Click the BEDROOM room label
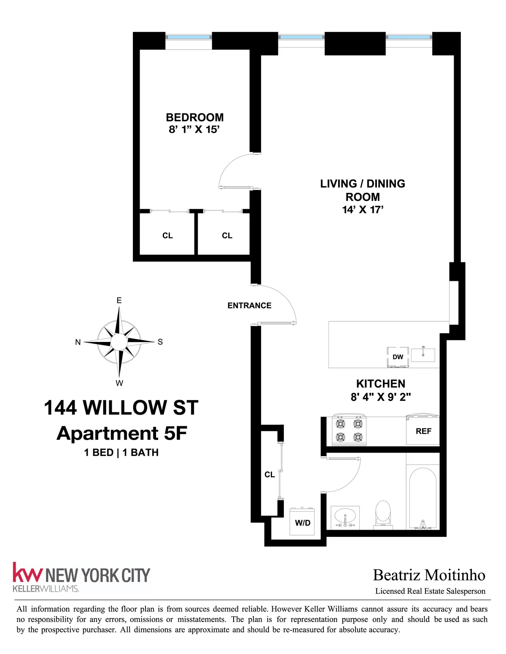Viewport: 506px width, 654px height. pos(194,117)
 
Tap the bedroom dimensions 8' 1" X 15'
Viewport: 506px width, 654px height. pos(194,130)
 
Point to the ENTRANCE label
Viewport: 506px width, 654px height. pos(249,306)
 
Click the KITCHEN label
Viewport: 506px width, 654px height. pos(380,384)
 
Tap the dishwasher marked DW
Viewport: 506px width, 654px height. pos(398,357)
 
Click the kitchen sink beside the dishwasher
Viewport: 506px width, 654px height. pos(423,355)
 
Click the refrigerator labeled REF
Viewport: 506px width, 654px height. pos(423,431)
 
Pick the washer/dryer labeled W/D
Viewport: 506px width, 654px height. pos(302,522)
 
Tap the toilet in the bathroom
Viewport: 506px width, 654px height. pos(383,514)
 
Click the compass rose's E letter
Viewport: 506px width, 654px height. pos(119,300)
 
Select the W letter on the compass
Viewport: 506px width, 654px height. pos(119,383)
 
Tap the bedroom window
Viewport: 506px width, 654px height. pos(188,37)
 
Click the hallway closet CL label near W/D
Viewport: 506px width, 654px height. pos(269,475)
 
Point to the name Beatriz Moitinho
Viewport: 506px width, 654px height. pos(429,575)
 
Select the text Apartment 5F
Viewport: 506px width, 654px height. pos(121,433)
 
